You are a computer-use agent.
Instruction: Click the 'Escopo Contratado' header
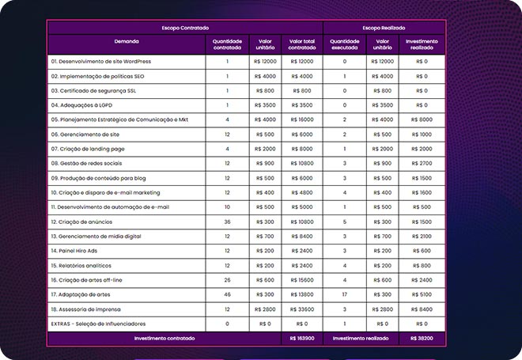184,28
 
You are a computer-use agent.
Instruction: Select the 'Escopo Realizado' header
384,28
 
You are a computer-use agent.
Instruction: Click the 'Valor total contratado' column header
302,44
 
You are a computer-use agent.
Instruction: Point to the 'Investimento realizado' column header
422,44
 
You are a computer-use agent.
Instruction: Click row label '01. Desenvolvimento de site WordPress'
100,61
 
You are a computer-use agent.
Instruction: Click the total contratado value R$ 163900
302,339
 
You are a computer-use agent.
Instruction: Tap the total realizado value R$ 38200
422,339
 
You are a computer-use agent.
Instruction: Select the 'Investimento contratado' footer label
165,339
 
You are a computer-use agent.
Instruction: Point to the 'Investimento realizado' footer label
361,339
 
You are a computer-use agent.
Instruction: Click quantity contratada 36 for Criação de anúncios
227,222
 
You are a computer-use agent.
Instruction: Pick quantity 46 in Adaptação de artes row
227,294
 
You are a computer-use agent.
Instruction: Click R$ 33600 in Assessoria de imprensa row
302,309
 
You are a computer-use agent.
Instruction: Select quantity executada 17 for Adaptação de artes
345,294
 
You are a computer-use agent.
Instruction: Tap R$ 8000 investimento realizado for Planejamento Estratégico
422,119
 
